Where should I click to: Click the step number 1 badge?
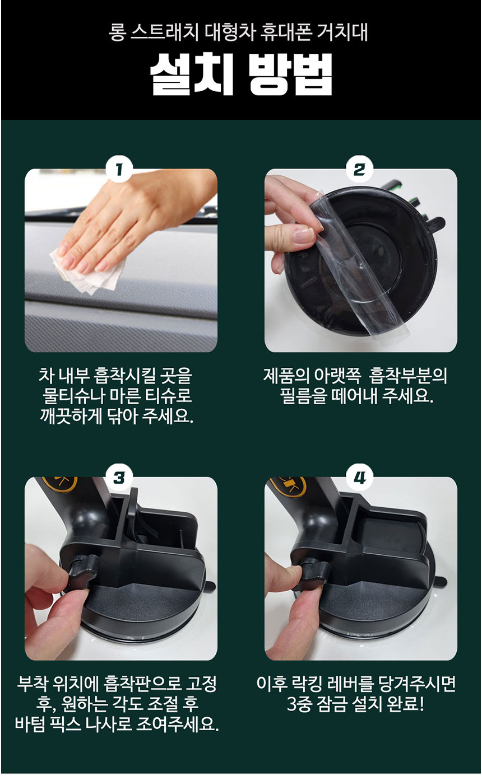119,170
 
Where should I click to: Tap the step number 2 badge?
359,170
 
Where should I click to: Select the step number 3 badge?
119,478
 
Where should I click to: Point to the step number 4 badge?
359,478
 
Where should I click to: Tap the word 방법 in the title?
290,74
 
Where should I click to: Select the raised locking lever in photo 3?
133,509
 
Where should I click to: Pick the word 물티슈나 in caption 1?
72,396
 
